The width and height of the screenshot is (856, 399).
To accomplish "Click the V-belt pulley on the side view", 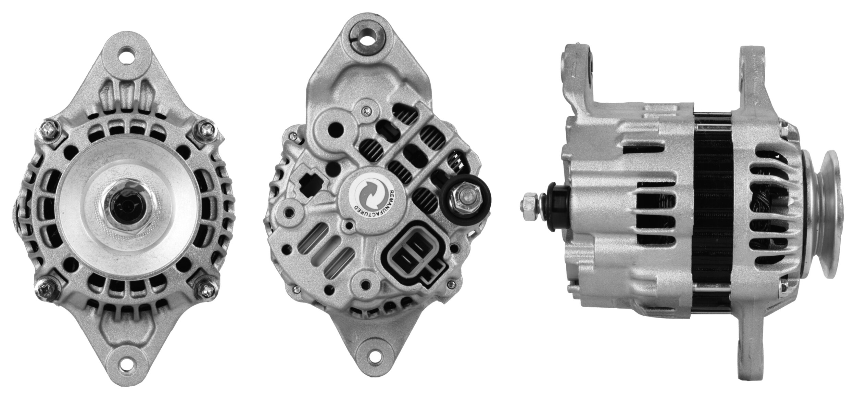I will pos(823,209).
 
